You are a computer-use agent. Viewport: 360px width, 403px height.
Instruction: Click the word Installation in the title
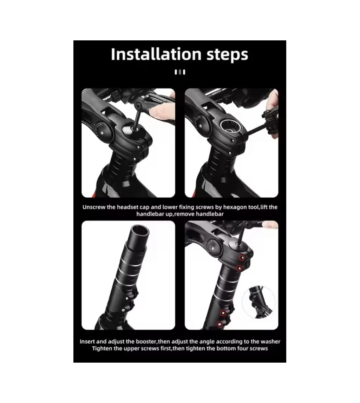tap(156, 54)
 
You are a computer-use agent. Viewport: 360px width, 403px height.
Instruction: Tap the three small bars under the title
tap(180, 72)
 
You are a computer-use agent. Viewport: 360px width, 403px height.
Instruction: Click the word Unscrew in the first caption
tap(94, 207)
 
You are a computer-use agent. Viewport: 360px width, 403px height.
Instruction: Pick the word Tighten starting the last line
tap(102, 349)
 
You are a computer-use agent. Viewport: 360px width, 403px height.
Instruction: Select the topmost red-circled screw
tap(242, 258)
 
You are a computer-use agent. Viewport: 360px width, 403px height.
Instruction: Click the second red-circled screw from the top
tap(240, 268)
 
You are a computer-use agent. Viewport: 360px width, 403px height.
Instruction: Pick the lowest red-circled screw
tap(220, 324)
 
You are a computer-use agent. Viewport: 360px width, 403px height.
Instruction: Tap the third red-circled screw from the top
tap(223, 313)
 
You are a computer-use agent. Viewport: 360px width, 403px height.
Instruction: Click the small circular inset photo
tap(259, 302)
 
